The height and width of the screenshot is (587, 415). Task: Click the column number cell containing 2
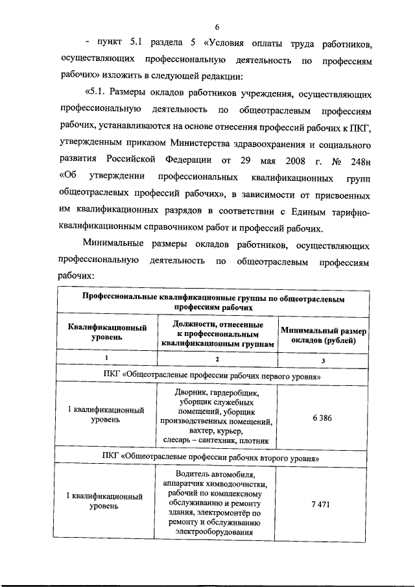pos(217,359)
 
